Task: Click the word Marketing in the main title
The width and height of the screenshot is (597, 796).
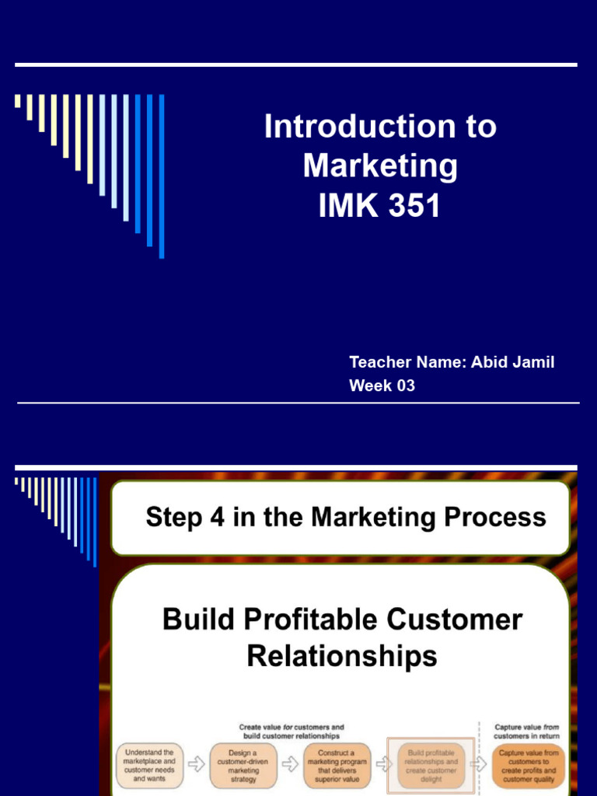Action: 380,166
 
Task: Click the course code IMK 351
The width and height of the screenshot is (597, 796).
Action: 380,205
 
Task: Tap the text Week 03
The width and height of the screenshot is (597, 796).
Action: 382,386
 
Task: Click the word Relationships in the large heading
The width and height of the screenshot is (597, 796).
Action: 342,657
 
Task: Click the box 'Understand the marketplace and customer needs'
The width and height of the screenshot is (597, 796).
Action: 149,766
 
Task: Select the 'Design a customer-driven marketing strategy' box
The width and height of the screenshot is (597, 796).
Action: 243,766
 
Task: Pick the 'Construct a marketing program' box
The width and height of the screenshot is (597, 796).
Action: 336,766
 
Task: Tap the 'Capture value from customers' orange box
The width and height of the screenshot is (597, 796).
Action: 529,766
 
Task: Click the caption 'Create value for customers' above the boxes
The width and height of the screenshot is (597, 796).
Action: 292,731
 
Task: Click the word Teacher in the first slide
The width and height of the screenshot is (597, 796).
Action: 375,362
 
